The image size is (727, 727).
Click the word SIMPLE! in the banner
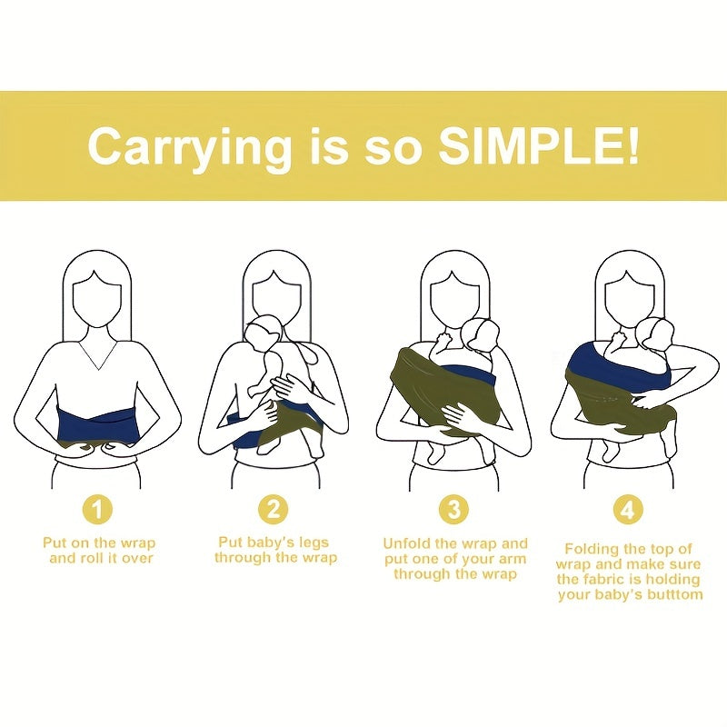click(x=539, y=146)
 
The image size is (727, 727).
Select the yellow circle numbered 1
click(x=97, y=511)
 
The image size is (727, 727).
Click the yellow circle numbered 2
click(x=274, y=510)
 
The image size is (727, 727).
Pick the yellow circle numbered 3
click(x=453, y=510)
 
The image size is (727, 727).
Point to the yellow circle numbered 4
click(x=628, y=510)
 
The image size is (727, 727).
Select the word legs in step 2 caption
click(x=314, y=543)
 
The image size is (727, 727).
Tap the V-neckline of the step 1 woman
click(x=99, y=356)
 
